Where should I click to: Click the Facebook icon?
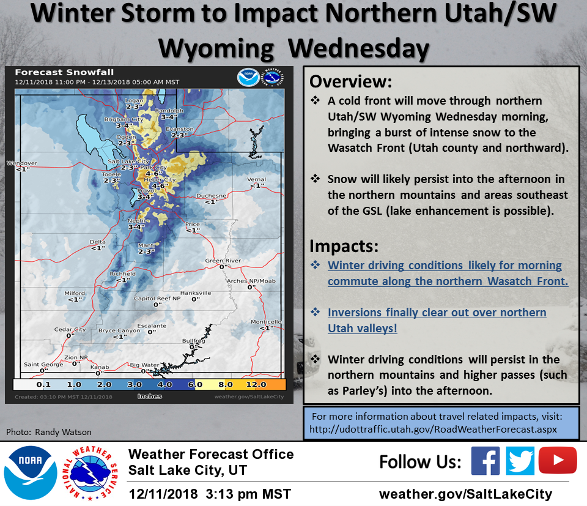tap(485, 461)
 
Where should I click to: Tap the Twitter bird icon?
tap(520, 461)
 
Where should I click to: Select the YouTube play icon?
tap(558, 460)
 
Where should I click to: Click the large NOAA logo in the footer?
tap(31, 473)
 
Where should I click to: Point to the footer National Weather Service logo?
tap(90, 473)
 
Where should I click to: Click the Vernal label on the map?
tap(256, 179)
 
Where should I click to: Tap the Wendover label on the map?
tap(22, 163)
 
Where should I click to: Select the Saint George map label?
tap(43, 365)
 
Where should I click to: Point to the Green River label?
tap(223, 261)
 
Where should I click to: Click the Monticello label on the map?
tap(266, 322)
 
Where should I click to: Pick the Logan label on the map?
tap(134, 100)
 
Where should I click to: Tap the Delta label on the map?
tap(98, 242)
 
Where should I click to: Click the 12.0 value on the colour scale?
tap(256, 385)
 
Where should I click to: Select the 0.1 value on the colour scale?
tap(43, 385)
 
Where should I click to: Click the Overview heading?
tap(350, 81)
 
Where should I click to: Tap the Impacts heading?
tap(344, 246)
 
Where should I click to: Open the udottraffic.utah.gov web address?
tap(433, 430)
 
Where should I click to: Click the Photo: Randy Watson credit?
tap(49, 432)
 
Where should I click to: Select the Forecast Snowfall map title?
tap(64, 72)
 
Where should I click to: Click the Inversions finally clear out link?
tap(437, 320)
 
